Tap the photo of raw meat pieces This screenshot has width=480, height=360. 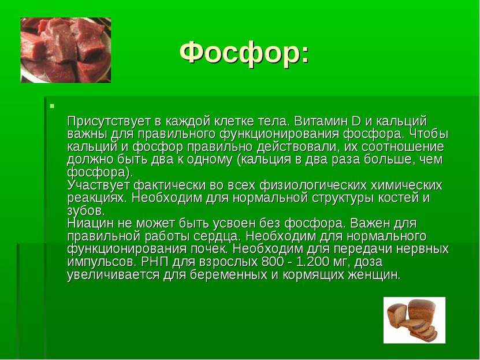[x=66, y=50]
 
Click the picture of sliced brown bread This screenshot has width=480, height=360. [x=415, y=320]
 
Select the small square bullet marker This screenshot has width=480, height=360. [x=52, y=106]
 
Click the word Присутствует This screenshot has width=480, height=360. [x=109, y=121]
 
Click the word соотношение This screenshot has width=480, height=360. [x=402, y=147]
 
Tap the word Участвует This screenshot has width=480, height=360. [x=99, y=185]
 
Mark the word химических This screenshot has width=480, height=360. [x=406, y=185]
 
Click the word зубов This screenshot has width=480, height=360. [x=85, y=211]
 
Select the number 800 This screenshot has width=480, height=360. [x=272, y=262]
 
